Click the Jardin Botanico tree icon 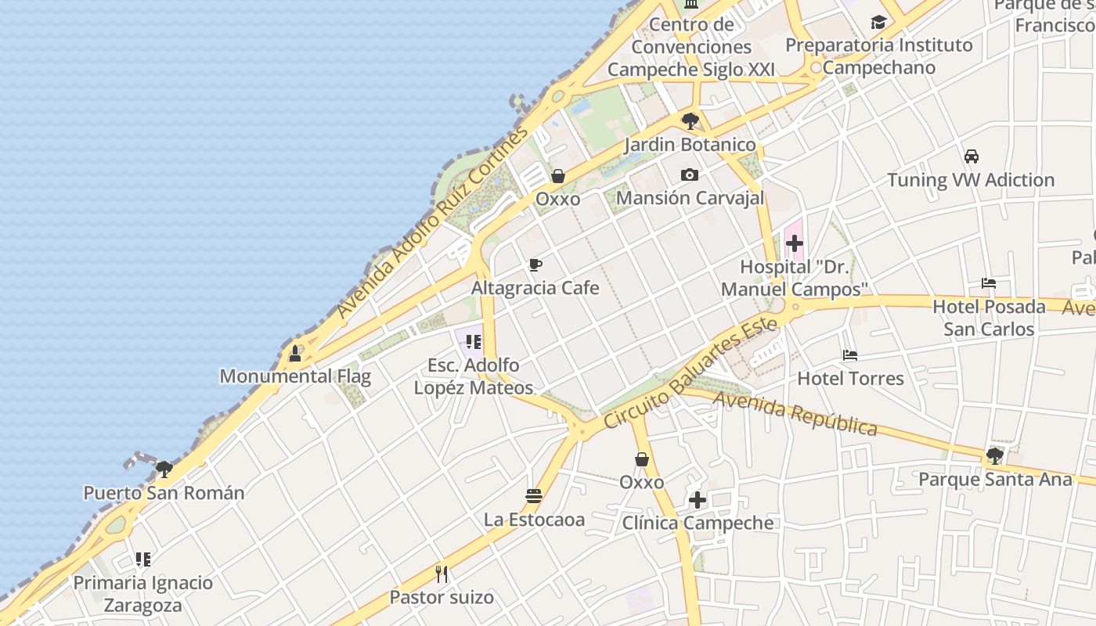pos(690,121)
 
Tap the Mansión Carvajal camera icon pos(689,174)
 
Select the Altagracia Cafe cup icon pos(535,264)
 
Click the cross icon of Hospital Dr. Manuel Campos pos(794,243)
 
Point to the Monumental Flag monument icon pos(295,353)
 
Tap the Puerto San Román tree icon pos(164,469)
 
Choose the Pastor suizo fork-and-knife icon pos(442,574)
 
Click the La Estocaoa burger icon pos(534,495)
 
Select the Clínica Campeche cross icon pos(698,499)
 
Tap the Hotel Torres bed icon pos(850,355)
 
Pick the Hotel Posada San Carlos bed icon pos(989,282)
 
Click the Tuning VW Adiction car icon pos(971,156)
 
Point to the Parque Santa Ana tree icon pos(995,455)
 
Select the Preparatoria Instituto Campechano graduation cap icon pos(878,22)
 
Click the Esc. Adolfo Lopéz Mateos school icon pos(473,341)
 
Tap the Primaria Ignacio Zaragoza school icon pos(142,559)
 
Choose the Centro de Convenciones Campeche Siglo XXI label pos(691,47)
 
